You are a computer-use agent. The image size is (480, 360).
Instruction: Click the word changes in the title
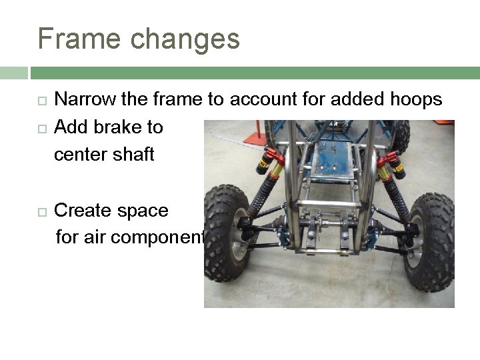pos(185,39)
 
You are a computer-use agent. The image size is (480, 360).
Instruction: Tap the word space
pos(144,211)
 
